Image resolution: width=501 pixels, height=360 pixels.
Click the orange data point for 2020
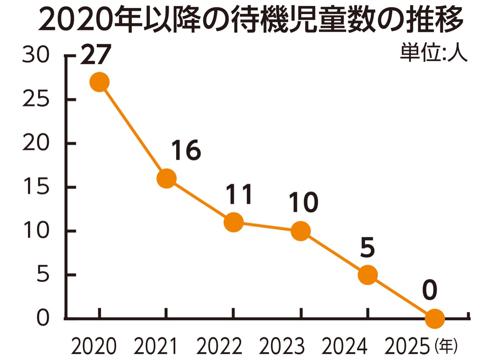(x=99, y=82)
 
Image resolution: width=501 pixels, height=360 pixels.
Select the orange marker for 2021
(x=166, y=179)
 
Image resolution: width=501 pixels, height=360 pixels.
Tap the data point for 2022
(x=233, y=222)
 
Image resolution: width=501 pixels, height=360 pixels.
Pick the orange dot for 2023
(x=300, y=231)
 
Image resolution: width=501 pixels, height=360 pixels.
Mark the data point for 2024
(x=367, y=275)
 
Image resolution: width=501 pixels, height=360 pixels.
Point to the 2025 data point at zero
(x=434, y=319)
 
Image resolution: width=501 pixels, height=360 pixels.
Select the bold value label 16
(x=186, y=151)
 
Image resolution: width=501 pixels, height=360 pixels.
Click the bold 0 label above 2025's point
(x=430, y=291)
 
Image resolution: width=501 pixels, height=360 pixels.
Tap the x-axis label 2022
(x=220, y=346)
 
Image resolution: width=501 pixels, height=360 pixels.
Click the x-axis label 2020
(x=93, y=346)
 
